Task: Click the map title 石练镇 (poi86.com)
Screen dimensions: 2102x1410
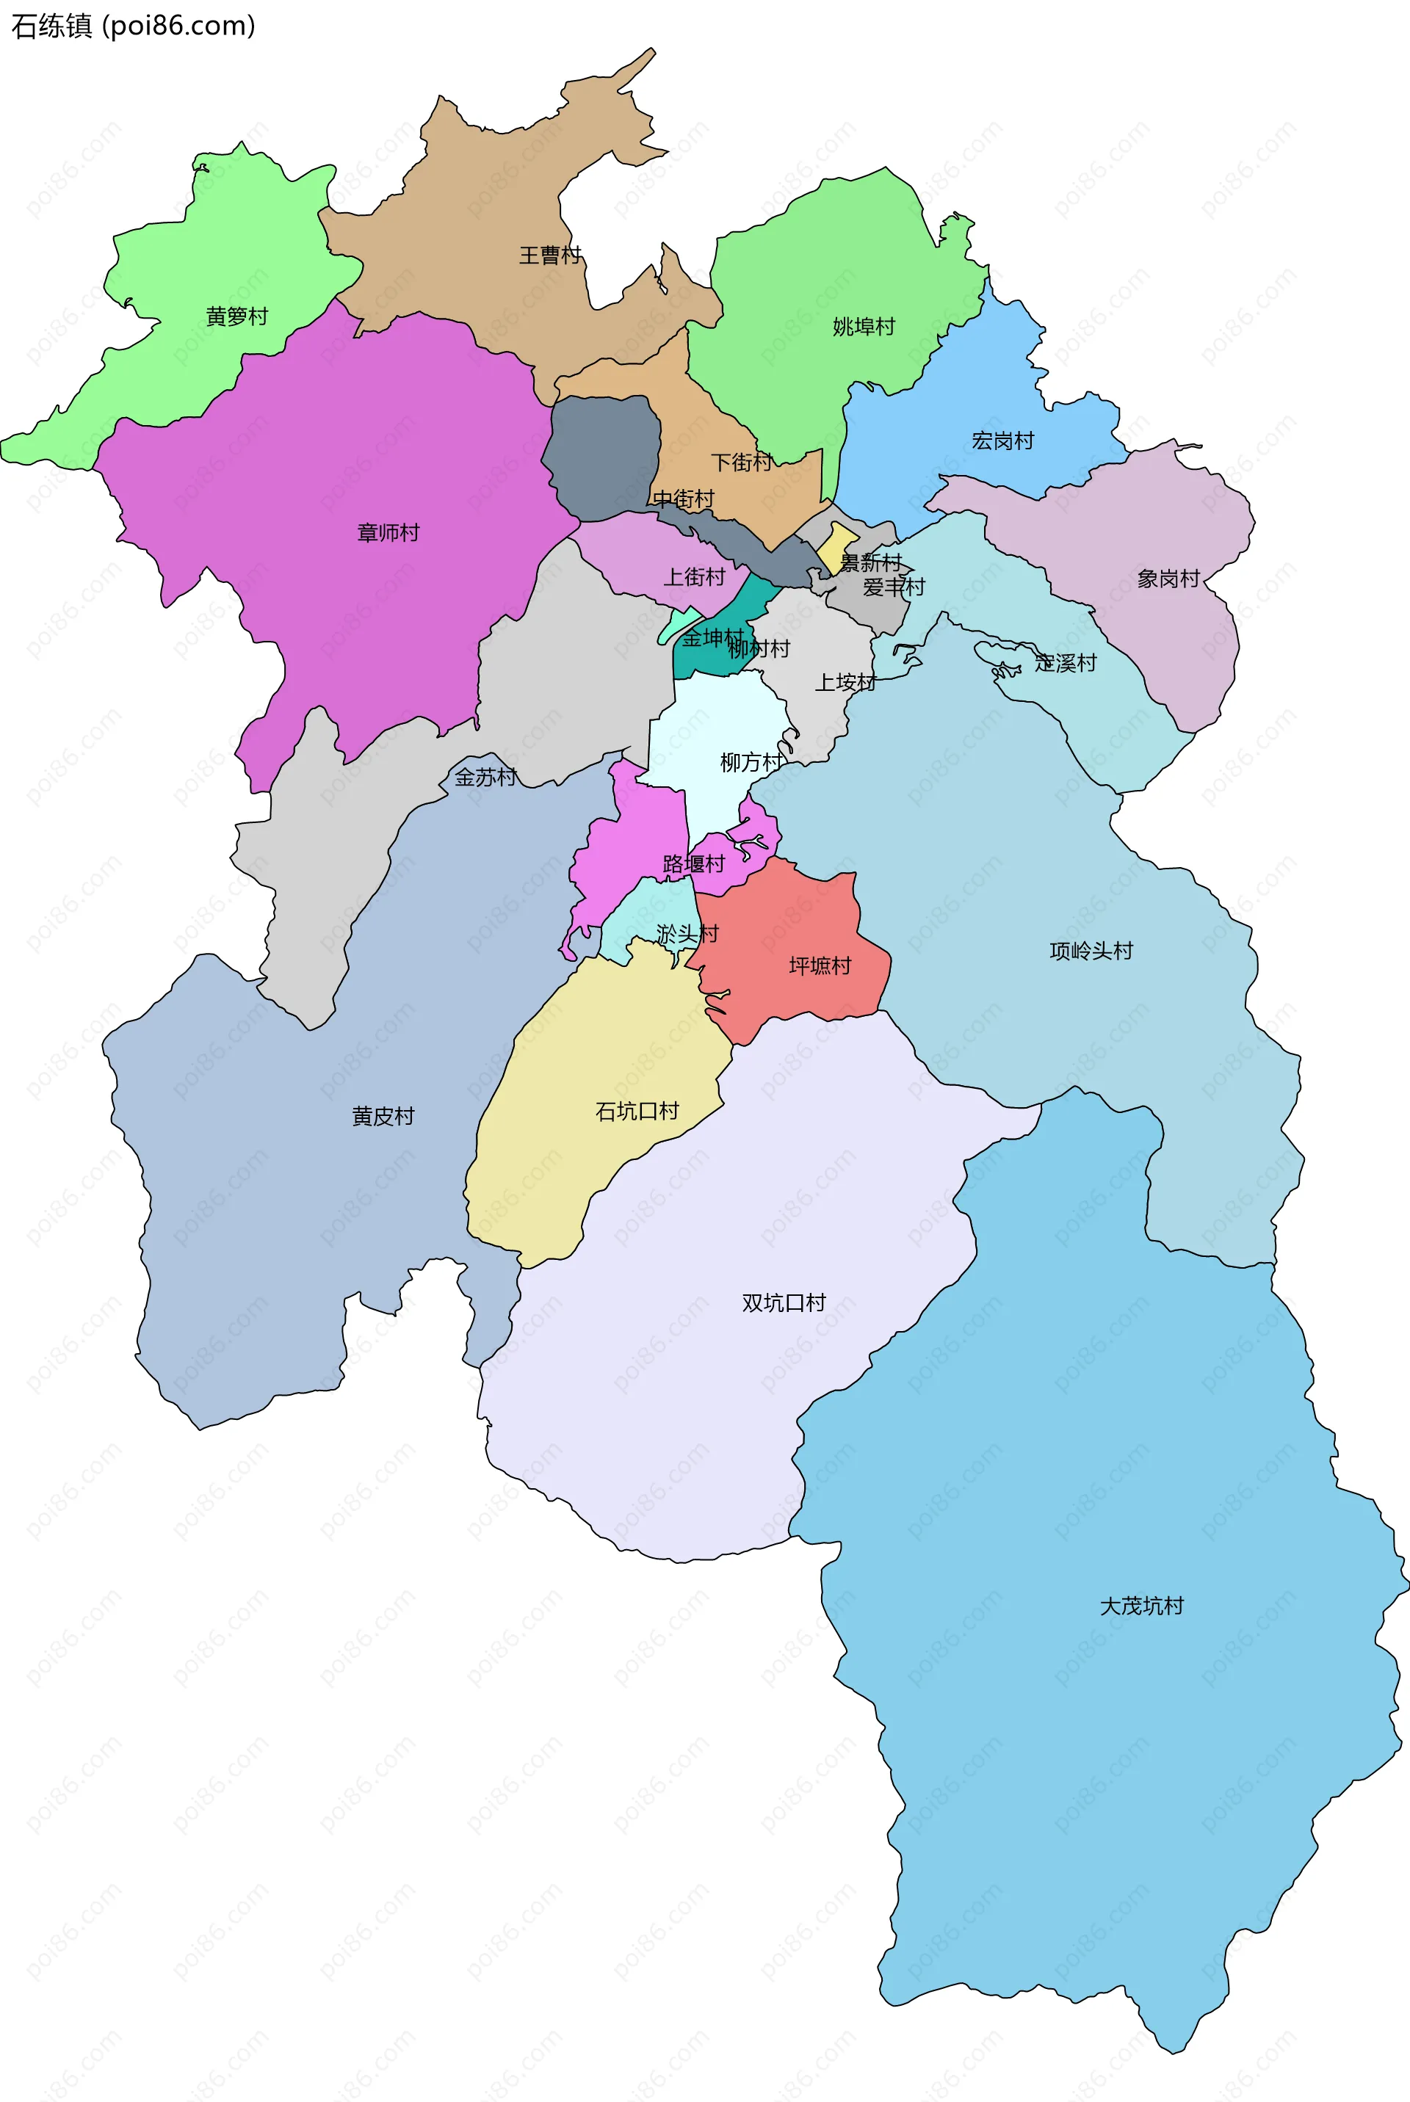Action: pyautogui.click(x=133, y=26)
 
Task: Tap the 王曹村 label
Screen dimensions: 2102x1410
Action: pyautogui.click(x=550, y=255)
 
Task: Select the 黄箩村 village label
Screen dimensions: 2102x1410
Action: pyautogui.click(x=237, y=316)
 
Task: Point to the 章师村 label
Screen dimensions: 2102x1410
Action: pyautogui.click(x=388, y=532)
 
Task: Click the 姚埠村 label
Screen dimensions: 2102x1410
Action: pyautogui.click(x=864, y=327)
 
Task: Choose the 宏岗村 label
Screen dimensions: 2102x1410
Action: pyautogui.click(x=1002, y=441)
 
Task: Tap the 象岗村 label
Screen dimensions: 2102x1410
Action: pyautogui.click(x=1168, y=579)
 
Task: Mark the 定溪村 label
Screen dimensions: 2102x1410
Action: pyautogui.click(x=1066, y=662)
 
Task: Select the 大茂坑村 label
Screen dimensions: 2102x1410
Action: pyautogui.click(x=1142, y=1606)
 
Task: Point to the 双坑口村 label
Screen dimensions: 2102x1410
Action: pyautogui.click(x=784, y=1302)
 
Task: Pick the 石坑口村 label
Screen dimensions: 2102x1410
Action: pyautogui.click(x=637, y=1112)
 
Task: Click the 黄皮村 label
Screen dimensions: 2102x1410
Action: pyautogui.click(x=383, y=1116)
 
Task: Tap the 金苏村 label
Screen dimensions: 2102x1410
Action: pyautogui.click(x=485, y=777)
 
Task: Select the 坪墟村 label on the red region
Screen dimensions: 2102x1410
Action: pyautogui.click(x=820, y=965)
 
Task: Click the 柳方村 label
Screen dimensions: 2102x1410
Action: pyautogui.click(x=751, y=762)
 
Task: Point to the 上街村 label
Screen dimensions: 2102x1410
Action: pyautogui.click(x=694, y=576)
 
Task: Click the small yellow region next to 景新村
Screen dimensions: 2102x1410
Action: pyautogui.click(x=836, y=545)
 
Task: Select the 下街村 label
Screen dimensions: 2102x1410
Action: pyautogui.click(x=742, y=462)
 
